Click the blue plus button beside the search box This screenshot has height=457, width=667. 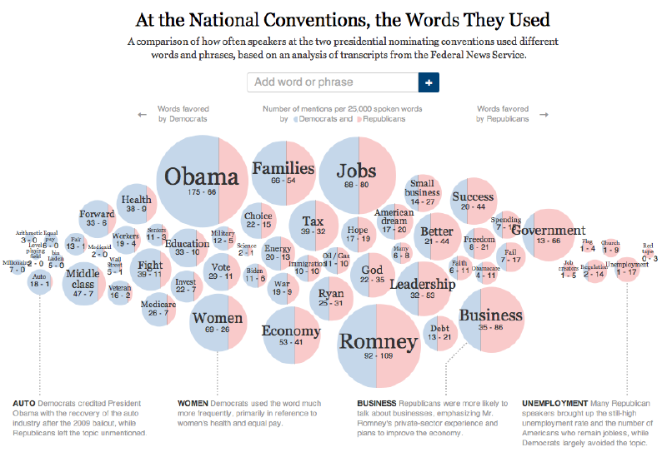(429, 82)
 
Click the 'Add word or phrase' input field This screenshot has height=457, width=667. (332, 82)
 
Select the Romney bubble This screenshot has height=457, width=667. (378, 345)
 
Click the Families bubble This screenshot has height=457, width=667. (283, 173)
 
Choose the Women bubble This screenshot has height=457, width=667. (218, 323)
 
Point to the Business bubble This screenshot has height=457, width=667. (490, 320)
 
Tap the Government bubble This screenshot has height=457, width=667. (549, 235)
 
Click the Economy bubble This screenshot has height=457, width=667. (291, 335)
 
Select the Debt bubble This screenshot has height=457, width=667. (439, 332)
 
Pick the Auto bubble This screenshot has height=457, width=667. (39, 281)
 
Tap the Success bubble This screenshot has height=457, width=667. (473, 201)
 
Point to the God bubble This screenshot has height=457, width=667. (373, 275)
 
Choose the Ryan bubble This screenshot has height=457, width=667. (331, 298)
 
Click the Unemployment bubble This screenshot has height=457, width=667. (627, 270)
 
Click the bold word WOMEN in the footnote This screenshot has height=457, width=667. (193, 403)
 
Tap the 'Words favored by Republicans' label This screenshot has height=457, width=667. (503, 114)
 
